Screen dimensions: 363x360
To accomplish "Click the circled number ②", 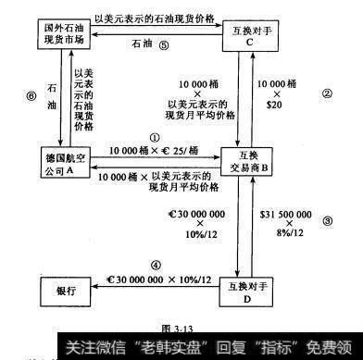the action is tap(327, 93).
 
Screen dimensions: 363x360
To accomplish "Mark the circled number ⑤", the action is tap(163, 44).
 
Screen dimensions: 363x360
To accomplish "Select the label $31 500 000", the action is tap(292, 213).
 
